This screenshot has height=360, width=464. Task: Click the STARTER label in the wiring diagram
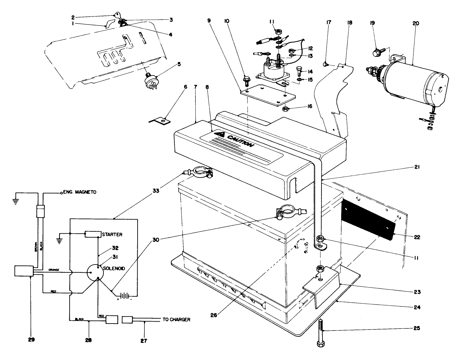point(112,234)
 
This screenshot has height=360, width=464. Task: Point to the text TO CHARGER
point(176,319)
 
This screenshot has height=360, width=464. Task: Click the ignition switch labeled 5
point(150,79)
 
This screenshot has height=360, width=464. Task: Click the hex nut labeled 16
point(286,108)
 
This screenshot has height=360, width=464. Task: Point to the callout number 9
point(209,20)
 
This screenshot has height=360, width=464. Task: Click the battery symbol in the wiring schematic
point(124,296)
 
